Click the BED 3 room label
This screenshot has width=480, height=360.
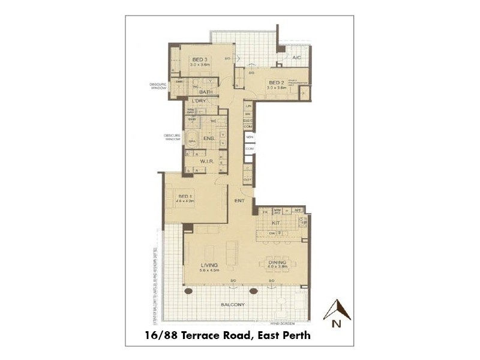tap(199, 59)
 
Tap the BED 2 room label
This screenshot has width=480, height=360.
tap(276, 82)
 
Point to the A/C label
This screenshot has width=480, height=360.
tap(296, 58)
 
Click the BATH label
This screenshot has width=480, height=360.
tap(206, 92)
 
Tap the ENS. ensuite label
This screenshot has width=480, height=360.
tap(210, 138)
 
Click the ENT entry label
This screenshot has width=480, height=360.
tap(239, 201)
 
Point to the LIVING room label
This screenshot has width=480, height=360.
tap(209, 265)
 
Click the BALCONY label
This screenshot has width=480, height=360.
tap(233, 305)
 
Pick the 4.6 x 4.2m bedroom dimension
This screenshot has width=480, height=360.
tap(185, 202)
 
